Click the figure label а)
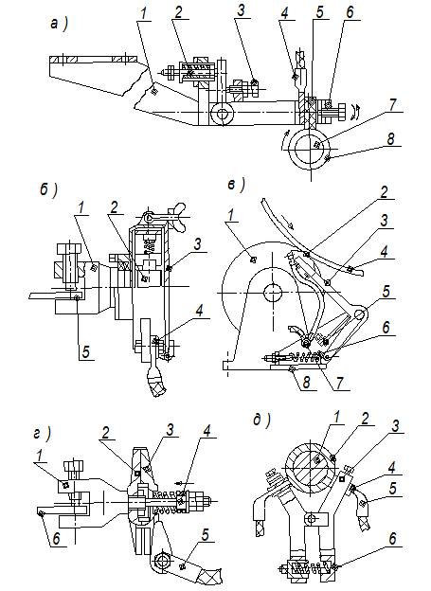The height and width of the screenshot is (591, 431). [59, 24]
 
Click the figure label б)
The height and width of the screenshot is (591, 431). [48, 190]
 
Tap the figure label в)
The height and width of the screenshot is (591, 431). [237, 185]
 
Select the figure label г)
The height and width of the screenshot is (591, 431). [42, 434]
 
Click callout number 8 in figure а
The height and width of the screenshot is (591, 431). [390, 138]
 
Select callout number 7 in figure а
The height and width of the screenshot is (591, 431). [392, 104]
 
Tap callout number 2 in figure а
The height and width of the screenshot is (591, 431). [178, 11]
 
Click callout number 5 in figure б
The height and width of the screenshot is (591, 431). [86, 352]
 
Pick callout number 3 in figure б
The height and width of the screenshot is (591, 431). [198, 244]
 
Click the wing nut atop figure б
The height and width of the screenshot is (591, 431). [176, 217]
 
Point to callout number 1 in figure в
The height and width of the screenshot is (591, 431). [231, 215]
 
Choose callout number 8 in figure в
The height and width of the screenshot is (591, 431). [307, 383]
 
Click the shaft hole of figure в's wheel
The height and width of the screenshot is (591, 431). [272, 293]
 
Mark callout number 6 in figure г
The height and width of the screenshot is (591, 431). [56, 538]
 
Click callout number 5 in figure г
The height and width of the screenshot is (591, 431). [205, 535]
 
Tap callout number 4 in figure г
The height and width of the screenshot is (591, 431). [207, 431]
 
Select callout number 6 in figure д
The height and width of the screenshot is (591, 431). [392, 539]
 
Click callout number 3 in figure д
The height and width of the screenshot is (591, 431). [395, 426]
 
